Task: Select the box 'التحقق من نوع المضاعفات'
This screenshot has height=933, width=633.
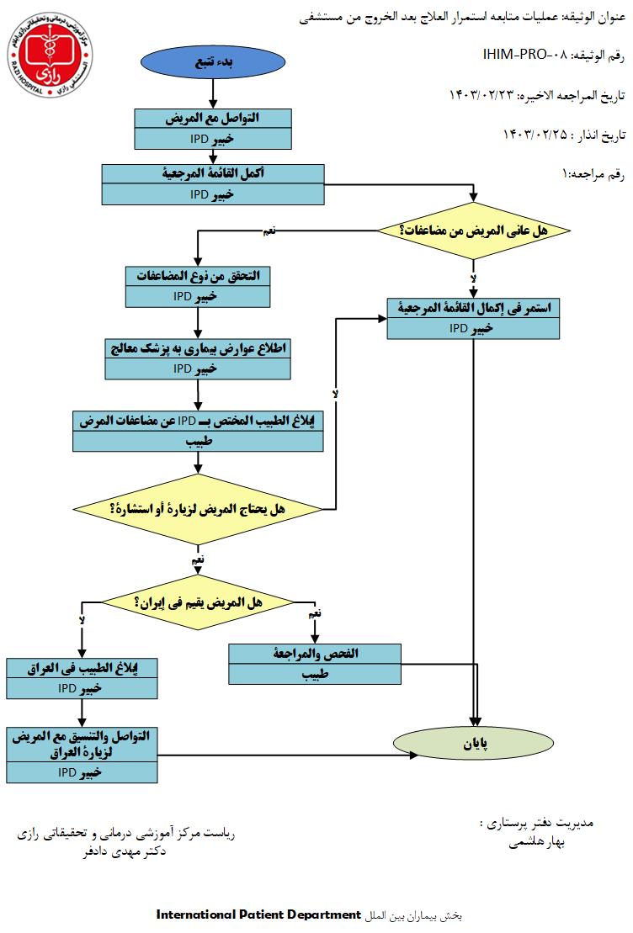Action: click(x=199, y=286)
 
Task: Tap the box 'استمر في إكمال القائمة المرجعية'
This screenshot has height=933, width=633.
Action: click(x=473, y=319)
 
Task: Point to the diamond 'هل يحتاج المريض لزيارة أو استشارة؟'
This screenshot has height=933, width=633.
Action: click(x=198, y=509)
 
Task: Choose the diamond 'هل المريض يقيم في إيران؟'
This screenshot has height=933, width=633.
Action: click(x=198, y=602)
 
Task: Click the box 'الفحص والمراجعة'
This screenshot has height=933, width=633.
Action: click(x=316, y=664)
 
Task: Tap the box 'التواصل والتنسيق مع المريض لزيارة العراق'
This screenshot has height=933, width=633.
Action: click(x=82, y=754)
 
